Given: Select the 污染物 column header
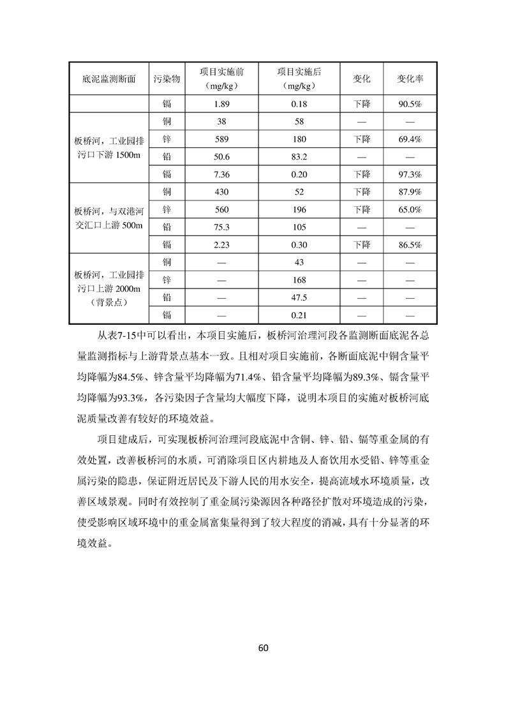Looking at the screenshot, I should pos(167,79).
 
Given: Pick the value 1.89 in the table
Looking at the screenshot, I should pos(221,104).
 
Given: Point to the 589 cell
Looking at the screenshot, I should pos(221,138).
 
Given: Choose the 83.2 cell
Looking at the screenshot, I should pos(299,156).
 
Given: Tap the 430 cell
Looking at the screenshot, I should pos(221,191).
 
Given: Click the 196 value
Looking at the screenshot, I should pos(299,209).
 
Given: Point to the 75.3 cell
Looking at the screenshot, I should pos(221,227).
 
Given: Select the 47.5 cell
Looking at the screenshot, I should pos(299,297).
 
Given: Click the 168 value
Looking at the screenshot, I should pos(299,280).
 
